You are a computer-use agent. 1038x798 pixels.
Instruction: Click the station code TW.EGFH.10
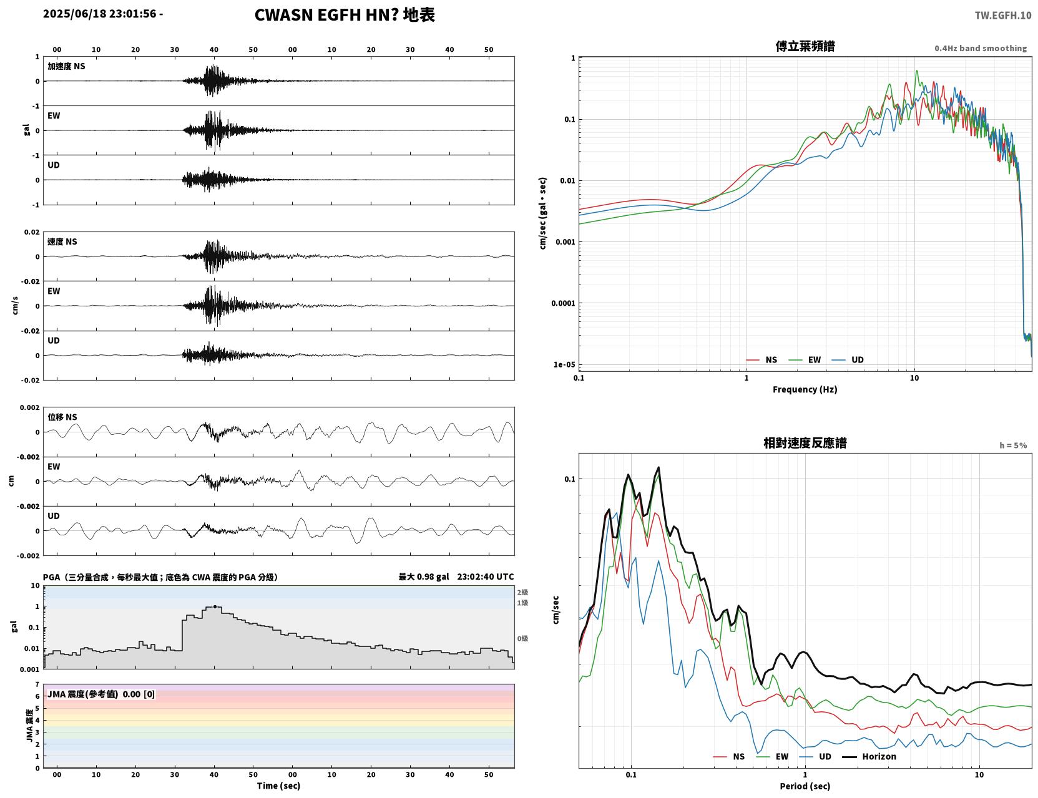pos(1002,15)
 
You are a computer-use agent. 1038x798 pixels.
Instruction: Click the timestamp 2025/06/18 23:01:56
pos(100,13)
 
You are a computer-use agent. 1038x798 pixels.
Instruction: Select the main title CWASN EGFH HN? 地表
pos(345,15)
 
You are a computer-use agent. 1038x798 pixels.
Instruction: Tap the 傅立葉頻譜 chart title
pos(805,46)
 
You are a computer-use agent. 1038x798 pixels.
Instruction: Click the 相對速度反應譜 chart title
pos(805,443)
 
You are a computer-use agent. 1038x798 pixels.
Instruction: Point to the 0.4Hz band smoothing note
pos(980,48)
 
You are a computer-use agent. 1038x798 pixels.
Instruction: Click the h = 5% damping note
pos(1012,445)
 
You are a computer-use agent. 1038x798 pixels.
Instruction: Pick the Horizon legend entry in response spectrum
pos(869,756)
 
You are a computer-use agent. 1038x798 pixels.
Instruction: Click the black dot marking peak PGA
pos(215,606)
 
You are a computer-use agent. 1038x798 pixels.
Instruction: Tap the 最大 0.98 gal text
pos(424,577)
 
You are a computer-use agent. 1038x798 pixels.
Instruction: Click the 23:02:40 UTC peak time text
pos(486,577)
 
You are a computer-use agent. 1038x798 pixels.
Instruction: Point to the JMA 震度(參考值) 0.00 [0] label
pos(100,694)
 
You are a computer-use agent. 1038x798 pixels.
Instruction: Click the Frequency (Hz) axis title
pos(805,389)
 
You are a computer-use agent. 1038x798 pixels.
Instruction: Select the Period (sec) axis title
pos(805,786)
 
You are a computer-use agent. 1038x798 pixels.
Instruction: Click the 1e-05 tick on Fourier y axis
pos(564,364)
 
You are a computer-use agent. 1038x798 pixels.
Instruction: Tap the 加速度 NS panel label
pos(66,66)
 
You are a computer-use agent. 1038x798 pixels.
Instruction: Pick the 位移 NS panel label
pos(62,417)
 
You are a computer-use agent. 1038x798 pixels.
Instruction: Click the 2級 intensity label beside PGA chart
pos(522,592)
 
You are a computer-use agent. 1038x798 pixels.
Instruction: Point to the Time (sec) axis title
pos(278,786)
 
